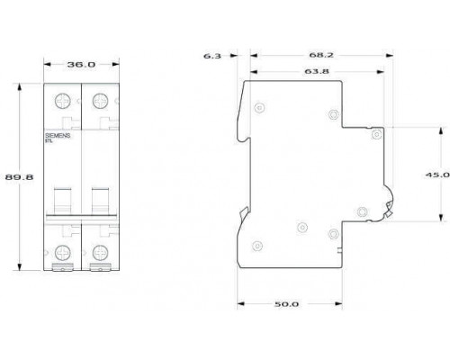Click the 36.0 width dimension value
click(x=81, y=64)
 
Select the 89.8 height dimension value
click(x=19, y=177)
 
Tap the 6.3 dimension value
click(x=212, y=56)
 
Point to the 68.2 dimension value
click(x=321, y=55)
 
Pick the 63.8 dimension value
click(x=317, y=71)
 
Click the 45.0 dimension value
click(x=437, y=175)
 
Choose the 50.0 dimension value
click(x=287, y=304)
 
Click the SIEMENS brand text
click(x=58, y=136)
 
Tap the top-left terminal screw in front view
click(x=63, y=101)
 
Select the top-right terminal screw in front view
click(x=101, y=101)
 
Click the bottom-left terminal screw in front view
click(x=63, y=253)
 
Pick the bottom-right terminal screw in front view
click(x=101, y=253)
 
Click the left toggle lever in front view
click(x=62, y=201)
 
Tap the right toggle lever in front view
click(x=101, y=201)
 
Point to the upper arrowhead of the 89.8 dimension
click(x=20, y=87)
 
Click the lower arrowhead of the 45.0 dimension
click(x=441, y=218)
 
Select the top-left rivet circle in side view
click(x=259, y=108)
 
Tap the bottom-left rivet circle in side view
click(x=257, y=246)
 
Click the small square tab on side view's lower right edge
click(x=340, y=250)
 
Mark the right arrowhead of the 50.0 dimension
click(x=338, y=303)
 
